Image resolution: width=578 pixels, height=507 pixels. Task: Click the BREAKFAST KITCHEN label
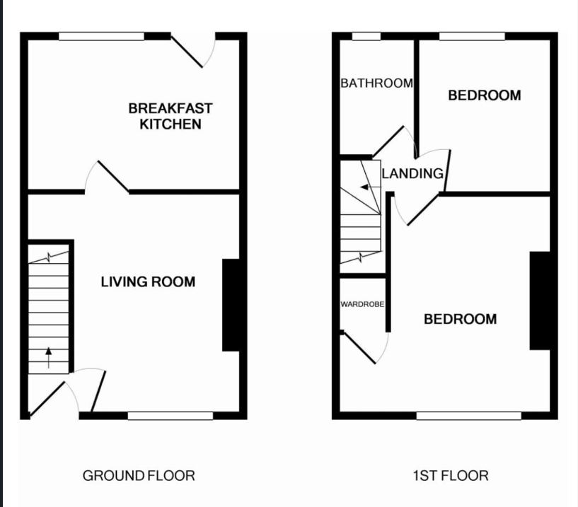170,117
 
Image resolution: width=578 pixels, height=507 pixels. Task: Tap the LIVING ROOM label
148,282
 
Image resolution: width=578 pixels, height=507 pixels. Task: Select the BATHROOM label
376,83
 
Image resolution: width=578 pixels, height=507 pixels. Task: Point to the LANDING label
412,173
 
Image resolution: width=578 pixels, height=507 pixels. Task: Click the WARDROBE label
362,305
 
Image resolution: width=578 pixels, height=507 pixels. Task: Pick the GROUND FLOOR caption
139,475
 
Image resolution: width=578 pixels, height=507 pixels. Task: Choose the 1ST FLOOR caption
450,475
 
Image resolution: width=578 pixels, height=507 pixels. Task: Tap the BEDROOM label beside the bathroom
485,95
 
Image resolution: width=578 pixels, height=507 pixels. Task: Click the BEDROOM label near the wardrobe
460,320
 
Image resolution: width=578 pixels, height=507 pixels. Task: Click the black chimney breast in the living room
231,305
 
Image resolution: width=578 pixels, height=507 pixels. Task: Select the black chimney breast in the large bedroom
539,301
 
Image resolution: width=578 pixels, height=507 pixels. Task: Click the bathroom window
366,36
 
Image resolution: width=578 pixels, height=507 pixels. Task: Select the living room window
170,416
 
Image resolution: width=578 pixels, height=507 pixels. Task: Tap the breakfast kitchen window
101,36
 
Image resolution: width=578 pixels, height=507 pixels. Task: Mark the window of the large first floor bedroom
469,416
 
